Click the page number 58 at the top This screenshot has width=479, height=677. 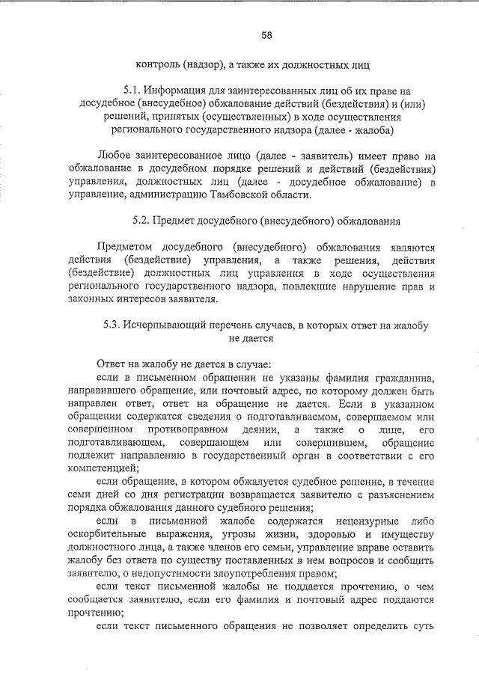[x=266, y=34]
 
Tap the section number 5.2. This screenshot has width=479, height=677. [x=140, y=221]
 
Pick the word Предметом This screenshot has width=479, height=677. [x=126, y=247]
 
